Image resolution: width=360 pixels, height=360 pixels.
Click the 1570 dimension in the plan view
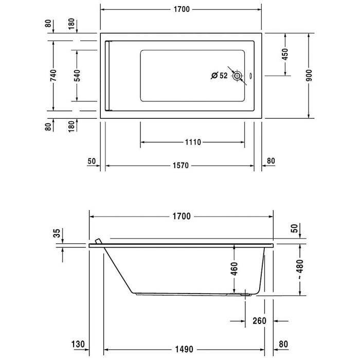[181, 166]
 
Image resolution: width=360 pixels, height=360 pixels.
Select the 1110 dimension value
[192, 142]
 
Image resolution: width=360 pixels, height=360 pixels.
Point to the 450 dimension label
[285, 54]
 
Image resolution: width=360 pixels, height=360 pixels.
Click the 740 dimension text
[53, 76]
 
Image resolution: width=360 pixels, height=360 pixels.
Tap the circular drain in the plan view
[237, 76]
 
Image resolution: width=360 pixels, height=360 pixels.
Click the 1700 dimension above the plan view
[181, 9]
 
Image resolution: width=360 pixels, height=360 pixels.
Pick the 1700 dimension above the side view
[181, 217]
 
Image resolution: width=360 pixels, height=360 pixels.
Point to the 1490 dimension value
[183, 349]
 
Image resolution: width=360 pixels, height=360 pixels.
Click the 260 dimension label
[259, 321]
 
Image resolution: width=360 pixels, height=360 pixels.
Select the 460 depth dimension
[234, 268]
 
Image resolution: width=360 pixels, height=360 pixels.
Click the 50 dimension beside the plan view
[92, 161]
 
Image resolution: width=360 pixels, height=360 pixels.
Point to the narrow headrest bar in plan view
[107, 76]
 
